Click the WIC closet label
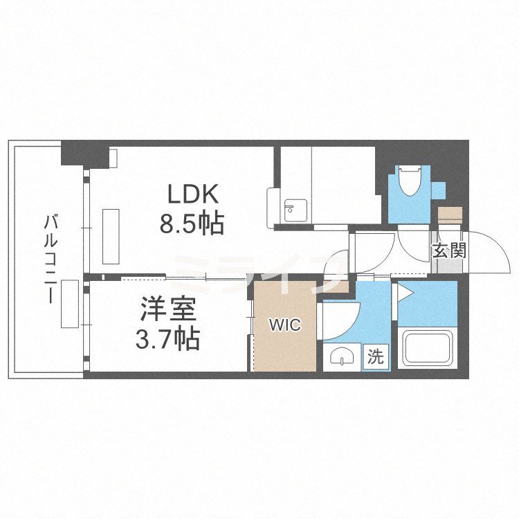285,325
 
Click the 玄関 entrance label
449,250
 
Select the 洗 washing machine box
375,357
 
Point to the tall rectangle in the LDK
111,235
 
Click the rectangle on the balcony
69,303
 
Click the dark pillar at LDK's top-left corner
86,154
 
